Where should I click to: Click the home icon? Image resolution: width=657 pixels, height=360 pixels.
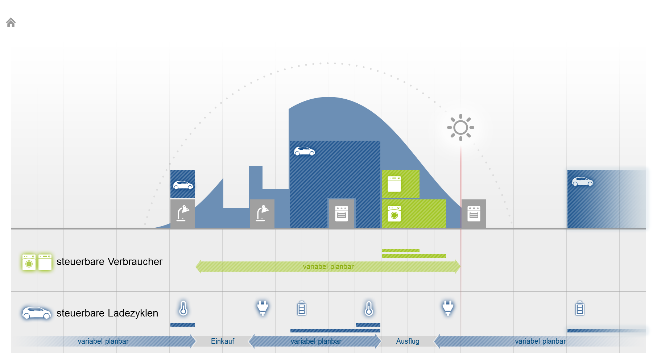coord(11,22)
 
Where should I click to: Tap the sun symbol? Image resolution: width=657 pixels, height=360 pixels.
coord(460,127)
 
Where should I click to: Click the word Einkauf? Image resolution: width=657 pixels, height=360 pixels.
coord(223,341)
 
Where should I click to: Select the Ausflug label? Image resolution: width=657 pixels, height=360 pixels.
coord(408,341)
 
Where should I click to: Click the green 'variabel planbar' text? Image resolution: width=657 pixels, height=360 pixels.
coord(328,266)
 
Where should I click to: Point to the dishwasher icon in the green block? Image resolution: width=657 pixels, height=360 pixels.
coord(394,184)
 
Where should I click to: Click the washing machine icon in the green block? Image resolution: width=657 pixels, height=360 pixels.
coord(394,214)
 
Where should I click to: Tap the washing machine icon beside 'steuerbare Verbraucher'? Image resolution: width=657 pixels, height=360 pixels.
coord(29,262)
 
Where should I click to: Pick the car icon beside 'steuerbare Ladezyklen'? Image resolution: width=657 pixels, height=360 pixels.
coord(36,313)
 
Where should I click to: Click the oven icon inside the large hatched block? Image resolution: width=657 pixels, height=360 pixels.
coord(342,214)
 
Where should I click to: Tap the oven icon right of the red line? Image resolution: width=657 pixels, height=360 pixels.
coord(474,214)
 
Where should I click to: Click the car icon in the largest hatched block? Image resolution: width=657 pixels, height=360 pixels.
coord(305,151)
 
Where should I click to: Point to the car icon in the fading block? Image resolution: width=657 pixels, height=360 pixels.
coord(583,182)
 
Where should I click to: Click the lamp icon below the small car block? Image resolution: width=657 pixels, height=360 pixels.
coord(183,213)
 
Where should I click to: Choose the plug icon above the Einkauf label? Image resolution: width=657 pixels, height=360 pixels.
coord(263,308)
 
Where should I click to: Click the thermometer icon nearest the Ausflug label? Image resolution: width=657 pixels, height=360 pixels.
coord(369,309)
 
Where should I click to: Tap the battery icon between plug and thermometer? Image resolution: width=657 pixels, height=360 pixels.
coord(302,309)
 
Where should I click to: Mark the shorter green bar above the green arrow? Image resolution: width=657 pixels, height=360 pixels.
coord(401,251)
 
